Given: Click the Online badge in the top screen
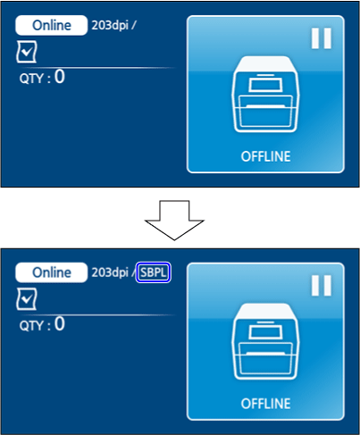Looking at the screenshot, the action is click(51, 25).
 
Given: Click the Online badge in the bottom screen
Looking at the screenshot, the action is click(51, 272).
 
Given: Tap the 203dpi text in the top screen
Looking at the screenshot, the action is click(110, 25).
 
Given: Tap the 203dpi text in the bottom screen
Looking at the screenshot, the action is click(110, 272).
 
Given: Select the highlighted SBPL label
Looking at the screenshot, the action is click(153, 272).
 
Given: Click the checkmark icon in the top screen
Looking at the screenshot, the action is click(27, 52).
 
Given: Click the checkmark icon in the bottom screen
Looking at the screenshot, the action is click(27, 299).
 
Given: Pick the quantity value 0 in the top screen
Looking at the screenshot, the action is click(60, 77).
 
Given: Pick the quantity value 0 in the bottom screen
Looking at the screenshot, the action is click(60, 323).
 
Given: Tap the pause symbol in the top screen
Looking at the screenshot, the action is click(322, 38).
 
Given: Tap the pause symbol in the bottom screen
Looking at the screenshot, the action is click(322, 285).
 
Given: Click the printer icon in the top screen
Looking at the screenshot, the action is click(265, 94).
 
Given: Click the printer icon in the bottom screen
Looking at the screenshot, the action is click(265, 341).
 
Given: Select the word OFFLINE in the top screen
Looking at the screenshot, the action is click(265, 156).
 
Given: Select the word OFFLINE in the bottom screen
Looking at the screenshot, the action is click(265, 404).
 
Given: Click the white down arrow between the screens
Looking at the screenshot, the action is click(174, 220).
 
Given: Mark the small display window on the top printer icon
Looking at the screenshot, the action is click(265, 85).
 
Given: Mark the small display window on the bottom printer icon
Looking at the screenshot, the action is click(265, 332).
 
